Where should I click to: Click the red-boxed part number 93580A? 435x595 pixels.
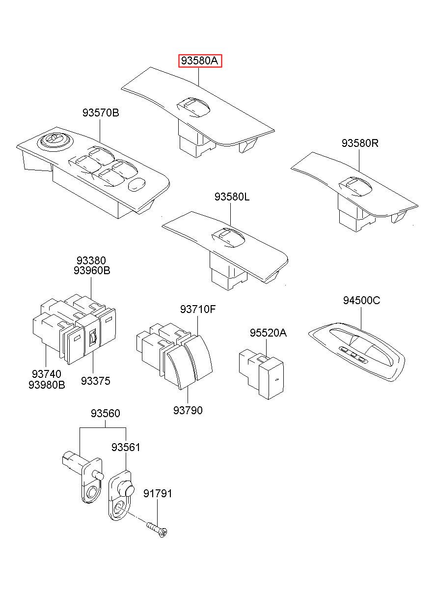point(200,61)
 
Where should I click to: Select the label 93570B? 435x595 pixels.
point(101,113)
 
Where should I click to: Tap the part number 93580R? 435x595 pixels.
point(360,143)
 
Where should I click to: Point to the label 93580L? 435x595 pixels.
point(232,197)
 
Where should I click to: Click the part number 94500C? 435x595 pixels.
point(361,301)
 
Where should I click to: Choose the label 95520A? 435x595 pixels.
point(268,333)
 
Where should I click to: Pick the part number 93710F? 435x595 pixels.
point(198,310)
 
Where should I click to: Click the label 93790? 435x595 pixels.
point(188,410)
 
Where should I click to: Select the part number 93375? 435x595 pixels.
point(96,381)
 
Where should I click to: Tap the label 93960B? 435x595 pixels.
point(92,271)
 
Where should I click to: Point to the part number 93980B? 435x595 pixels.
point(47,385)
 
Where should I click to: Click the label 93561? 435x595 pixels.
point(126,447)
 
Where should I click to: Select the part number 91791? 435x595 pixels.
point(158,493)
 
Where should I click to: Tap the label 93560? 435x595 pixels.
point(105,414)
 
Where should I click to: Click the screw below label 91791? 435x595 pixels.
point(158,530)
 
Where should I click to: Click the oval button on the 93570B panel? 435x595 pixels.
point(136,184)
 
